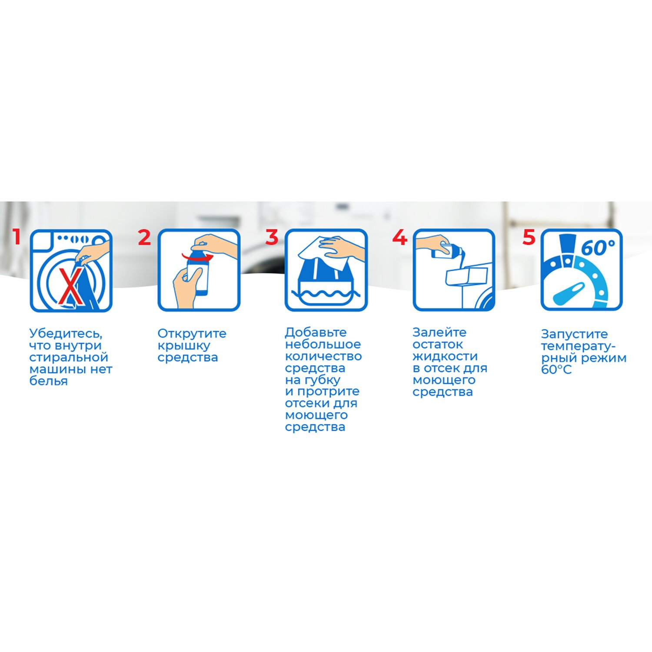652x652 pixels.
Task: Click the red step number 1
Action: click(17, 237)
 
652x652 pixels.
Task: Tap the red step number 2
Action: click(144, 237)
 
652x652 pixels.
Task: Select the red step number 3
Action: click(272, 237)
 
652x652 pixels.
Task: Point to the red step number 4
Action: click(400, 237)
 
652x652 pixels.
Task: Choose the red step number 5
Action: click(529, 237)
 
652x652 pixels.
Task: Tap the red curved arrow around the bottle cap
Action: click(197, 255)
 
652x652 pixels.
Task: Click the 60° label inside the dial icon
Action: click(598, 248)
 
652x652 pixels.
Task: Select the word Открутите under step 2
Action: click(192, 333)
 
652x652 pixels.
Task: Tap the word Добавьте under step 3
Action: click(316, 333)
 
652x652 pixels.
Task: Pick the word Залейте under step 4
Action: click(439, 333)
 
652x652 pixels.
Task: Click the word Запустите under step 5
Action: click(574, 334)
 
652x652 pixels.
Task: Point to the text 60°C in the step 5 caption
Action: click(556, 369)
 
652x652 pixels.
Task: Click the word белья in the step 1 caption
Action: click(48, 381)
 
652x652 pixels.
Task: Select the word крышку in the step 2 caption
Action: click(183, 346)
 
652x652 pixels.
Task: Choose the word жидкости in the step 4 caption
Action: click(445, 356)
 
